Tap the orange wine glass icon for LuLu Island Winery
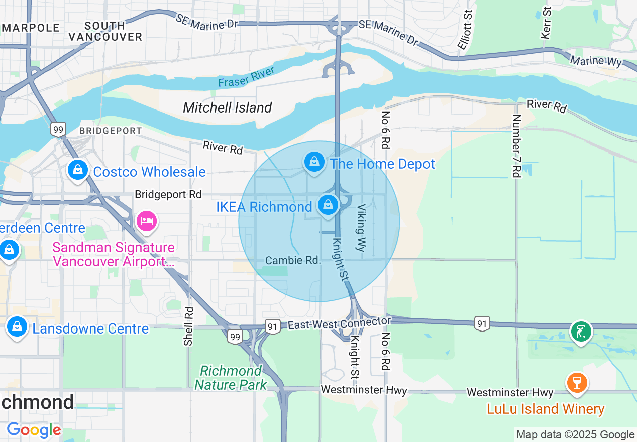click(576, 383)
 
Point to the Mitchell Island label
click(227, 107)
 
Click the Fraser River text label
click(247, 77)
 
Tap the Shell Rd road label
click(188, 326)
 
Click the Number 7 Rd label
click(516, 146)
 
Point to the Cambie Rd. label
click(292, 260)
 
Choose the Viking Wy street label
click(362, 228)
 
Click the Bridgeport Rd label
click(168, 194)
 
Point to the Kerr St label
click(546, 23)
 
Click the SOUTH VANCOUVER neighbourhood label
click(105, 31)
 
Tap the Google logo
click(34, 430)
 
